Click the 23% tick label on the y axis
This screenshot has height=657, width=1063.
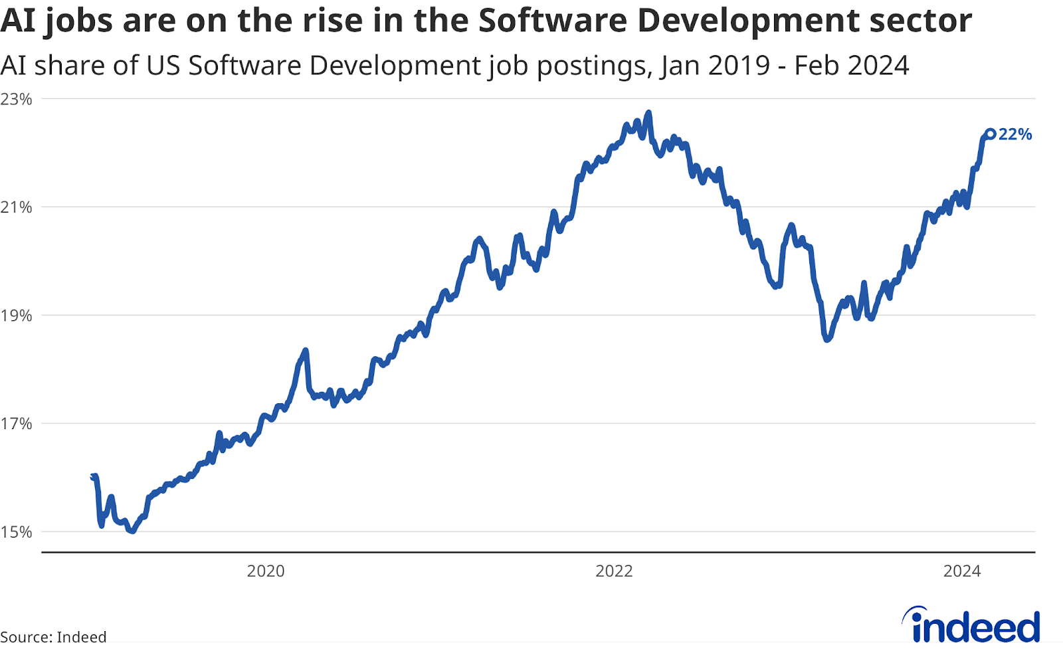(x=16, y=99)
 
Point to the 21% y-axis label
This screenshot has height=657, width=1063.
(x=16, y=207)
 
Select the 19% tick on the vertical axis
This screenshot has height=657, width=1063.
(x=16, y=316)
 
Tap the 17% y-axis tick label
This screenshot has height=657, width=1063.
(x=16, y=424)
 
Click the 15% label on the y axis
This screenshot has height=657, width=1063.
(x=16, y=532)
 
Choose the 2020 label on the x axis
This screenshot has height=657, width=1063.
(x=266, y=571)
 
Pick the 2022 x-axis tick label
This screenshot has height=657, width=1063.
(x=614, y=571)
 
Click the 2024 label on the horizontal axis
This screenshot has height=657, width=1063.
(x=962, y=571)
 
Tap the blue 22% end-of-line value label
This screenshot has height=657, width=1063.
(x=1015, y=134)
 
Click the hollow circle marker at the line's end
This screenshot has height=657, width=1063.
(x=990, y=134)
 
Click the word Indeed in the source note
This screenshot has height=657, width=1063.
(x=81, y=636)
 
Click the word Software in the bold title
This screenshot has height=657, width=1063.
(x=552, y=21)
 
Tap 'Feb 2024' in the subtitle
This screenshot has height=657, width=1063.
(x=852, y=66)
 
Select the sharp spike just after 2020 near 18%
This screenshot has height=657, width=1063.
(x=305, y=350)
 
